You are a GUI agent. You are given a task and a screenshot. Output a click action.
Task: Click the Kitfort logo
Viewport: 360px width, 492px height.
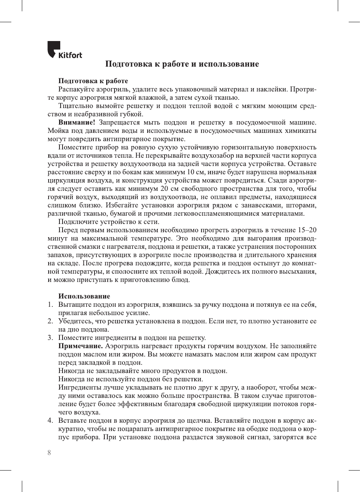[x=64, y=50]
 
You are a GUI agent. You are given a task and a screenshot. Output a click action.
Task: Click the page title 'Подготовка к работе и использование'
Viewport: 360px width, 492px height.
[x=182, y=64]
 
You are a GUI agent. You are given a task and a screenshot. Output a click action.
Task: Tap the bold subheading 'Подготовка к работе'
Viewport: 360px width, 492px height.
[x=93, y=81]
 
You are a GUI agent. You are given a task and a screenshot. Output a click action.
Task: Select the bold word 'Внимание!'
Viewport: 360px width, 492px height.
[x=76, y=122]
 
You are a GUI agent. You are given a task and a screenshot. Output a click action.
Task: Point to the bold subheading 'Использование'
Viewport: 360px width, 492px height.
[x=84, y=296]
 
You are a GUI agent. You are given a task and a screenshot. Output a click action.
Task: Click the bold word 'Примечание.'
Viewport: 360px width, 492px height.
[x=80, y=346]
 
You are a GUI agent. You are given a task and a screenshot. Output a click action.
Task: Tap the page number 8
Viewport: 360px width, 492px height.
[x=49, y=452]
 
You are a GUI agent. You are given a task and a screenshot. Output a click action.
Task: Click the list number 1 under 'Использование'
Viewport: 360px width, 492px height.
[x=50, y=305]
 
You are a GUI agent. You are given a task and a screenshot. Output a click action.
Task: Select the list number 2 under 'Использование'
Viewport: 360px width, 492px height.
[x=50, y=321]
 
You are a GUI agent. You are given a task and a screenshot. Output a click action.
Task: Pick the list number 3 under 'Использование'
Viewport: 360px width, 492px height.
[x=50, y=338]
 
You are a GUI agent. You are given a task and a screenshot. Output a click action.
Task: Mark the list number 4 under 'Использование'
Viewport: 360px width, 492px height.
[x=50, y=420]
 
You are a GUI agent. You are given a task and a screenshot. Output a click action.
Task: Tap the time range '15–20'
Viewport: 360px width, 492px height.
[x=307, y=230]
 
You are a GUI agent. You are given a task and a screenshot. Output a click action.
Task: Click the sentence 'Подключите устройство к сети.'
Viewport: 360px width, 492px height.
[x=108, y=222]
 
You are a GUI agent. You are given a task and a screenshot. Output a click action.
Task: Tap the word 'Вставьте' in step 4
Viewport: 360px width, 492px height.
[x=72, y=420]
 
